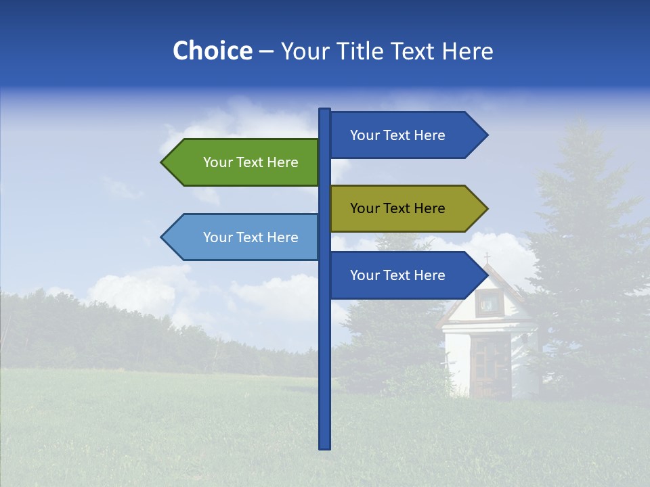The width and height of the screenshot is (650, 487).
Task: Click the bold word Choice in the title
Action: point(212,51)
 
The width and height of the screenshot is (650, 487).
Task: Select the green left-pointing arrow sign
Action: point(244,162)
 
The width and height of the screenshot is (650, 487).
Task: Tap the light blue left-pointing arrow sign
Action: point(244,237)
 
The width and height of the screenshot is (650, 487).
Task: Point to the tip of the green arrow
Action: point(162,162)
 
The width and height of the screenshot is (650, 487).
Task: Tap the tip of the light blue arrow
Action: point(162,237)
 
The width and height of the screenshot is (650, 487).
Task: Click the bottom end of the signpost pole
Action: point(325,447)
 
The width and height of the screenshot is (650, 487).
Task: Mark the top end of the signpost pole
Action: point(325,110)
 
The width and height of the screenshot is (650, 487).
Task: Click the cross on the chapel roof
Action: point(487,258)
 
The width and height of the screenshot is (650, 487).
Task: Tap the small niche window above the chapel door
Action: point(487,304)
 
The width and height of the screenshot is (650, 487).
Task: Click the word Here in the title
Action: point(468,51)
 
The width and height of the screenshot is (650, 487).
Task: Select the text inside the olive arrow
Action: point(397,208)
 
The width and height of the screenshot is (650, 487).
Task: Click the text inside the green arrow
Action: point(251,162)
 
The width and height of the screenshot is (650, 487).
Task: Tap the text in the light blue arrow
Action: point(251,237)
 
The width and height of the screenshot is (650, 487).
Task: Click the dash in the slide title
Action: point(266,52)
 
